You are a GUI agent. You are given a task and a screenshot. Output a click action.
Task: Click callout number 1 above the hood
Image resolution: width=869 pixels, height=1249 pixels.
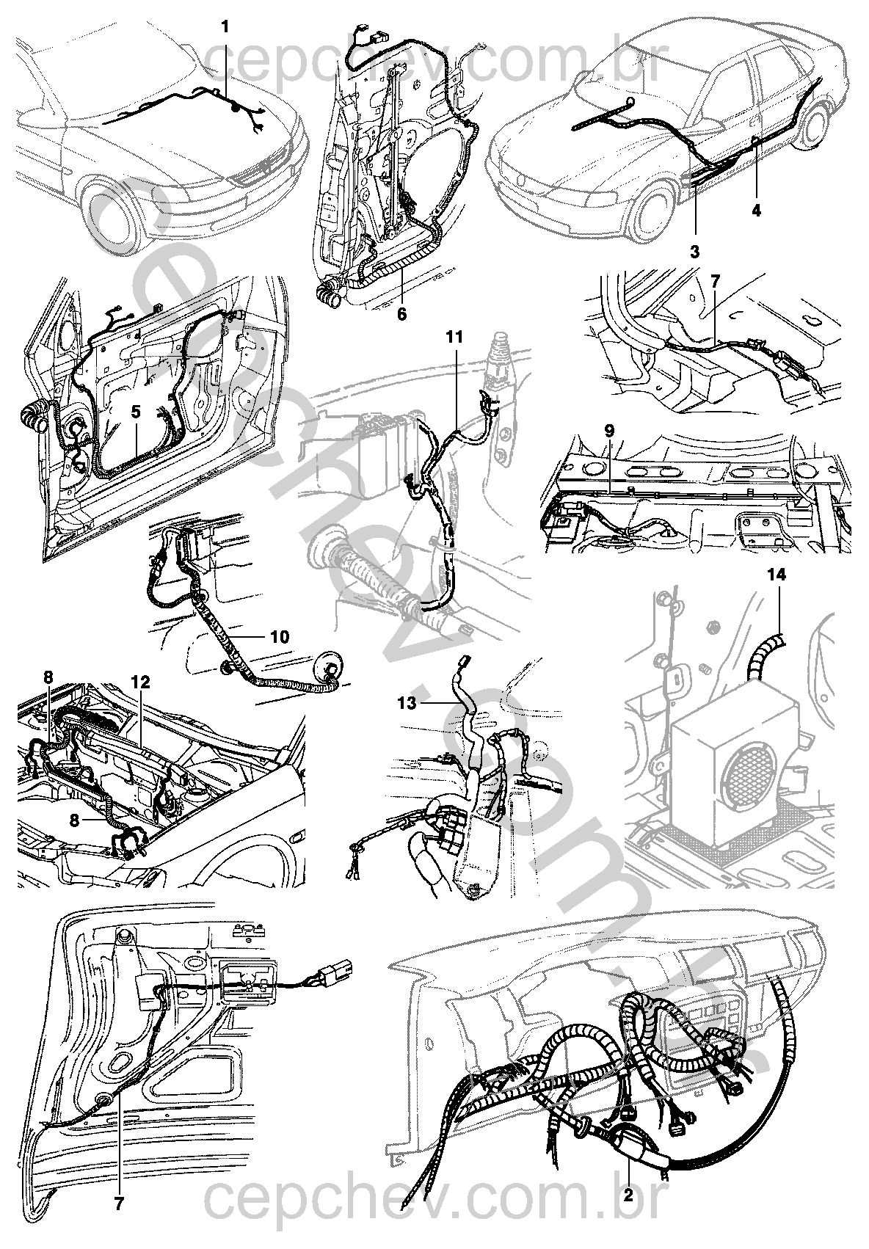pos(225,27)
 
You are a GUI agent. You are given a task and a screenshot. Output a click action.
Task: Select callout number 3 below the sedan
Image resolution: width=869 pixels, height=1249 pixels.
pos(694,251)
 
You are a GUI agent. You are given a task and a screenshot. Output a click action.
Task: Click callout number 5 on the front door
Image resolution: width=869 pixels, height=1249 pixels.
pos(135,412)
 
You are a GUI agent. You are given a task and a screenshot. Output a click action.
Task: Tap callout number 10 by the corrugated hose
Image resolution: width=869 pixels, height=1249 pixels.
pos(279,636)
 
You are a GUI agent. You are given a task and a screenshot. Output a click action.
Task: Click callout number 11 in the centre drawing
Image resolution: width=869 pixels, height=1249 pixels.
pos(455,337)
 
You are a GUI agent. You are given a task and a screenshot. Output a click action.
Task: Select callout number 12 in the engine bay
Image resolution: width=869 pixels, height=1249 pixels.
pos(140,682)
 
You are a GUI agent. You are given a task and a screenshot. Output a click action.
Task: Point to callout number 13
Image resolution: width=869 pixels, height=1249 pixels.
pos(408,702)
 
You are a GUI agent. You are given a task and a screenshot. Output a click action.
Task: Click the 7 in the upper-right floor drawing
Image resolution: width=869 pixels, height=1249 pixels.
pos(716,280)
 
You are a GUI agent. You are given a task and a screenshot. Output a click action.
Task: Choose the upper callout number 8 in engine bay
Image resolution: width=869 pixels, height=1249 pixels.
pos(48,679)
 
